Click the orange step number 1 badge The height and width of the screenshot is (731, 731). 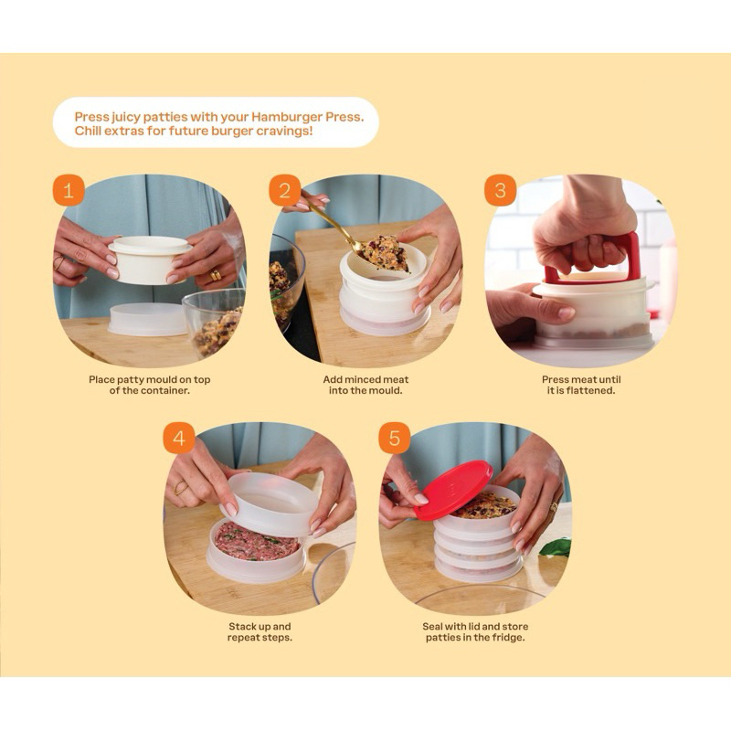tap(69, 190)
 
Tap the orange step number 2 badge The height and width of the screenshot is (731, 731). tap(284, 190)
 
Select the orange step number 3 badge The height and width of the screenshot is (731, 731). tap(500, 190)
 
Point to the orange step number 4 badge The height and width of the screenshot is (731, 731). tap(179, 439)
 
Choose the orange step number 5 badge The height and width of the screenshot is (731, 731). tap(395, 439)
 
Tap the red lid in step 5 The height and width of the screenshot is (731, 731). tap(453, 490)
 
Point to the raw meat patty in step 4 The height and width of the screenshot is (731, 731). tap(256, 542)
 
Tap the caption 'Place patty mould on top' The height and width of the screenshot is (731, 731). tap(150, 379)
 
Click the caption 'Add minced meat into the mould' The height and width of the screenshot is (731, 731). tap(365, 385)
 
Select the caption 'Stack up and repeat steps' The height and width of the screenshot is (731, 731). tap(260, 631)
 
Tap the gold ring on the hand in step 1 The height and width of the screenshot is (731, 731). tap(216, 275)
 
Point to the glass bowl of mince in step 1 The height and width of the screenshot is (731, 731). tap(214, 323)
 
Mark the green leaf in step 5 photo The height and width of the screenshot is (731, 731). tap(556, 547)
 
